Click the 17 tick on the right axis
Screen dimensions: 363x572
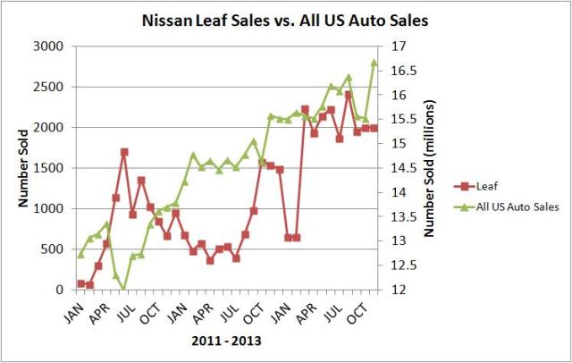tap(399, 46)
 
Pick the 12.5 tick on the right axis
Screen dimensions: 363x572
tap(403, 266)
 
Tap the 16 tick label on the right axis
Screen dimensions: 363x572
tap(399, 95)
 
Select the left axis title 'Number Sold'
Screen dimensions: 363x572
tap(19, 168)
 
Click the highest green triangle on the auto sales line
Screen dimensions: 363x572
tap(374, 63)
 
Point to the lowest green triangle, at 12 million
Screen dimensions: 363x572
tap(124, 290)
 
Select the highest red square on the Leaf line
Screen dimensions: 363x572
tap(348, 95)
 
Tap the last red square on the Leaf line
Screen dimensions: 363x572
tap(374, 128)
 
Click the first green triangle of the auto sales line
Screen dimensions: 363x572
tap(80, 255)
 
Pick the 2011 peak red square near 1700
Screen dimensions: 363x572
tap(124, 152)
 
